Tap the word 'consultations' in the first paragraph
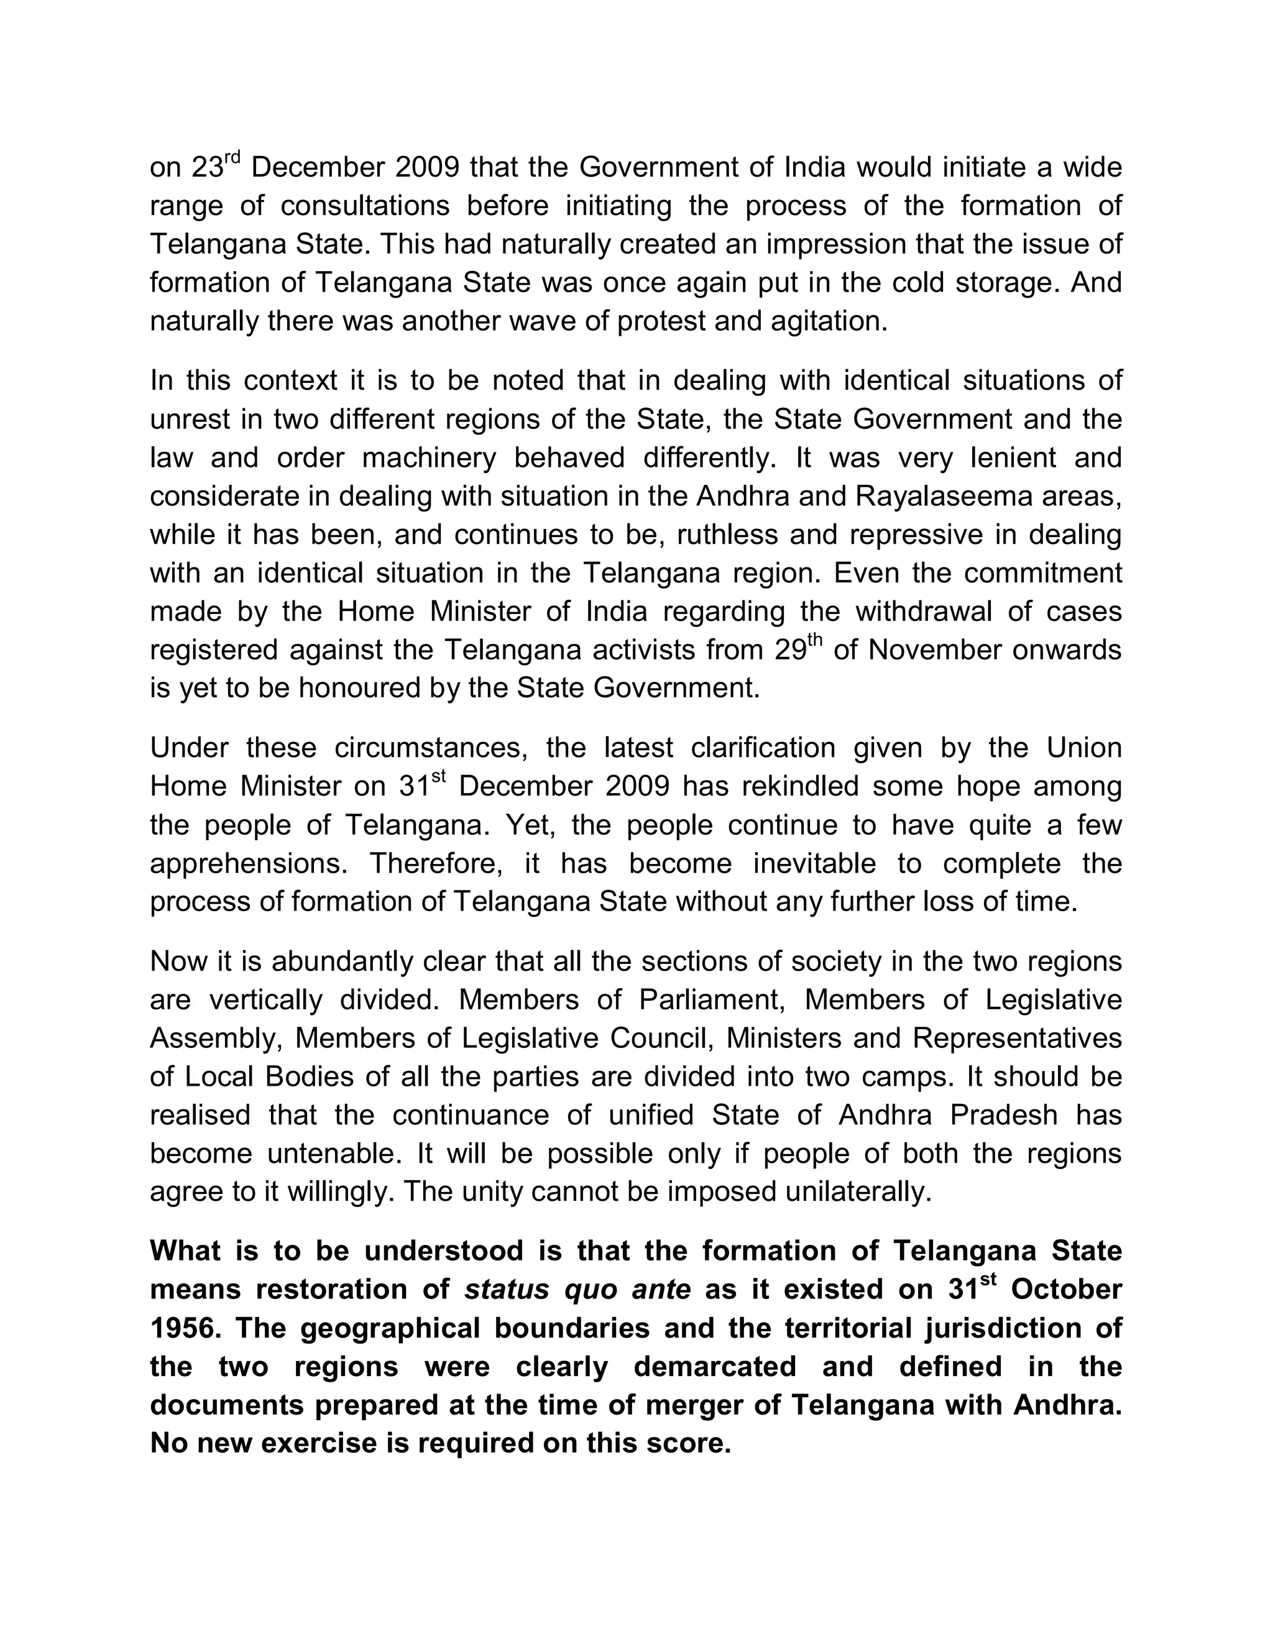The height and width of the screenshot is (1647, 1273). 365,206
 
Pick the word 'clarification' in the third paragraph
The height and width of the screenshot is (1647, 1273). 763,748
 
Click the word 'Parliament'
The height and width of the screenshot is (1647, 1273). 708,1001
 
